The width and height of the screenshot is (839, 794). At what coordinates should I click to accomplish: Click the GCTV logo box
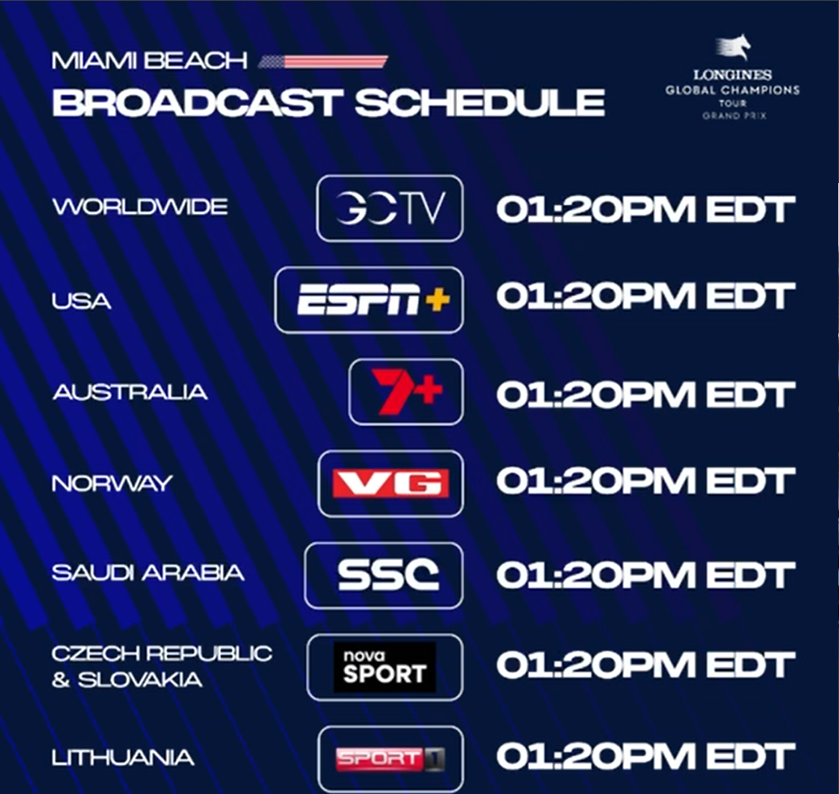(390, 208)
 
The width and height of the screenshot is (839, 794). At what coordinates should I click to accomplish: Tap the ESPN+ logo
(373, 299)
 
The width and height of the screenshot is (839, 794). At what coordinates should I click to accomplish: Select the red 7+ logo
(407, 391)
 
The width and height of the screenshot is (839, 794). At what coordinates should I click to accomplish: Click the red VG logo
(390, 484)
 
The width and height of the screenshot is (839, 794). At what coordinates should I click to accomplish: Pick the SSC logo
(389, 575)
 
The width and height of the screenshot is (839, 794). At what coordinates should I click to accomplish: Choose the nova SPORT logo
(385, 667)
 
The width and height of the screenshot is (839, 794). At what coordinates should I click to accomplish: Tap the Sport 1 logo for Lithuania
(390, 759)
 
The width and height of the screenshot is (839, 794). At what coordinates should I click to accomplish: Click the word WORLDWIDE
(140, 207)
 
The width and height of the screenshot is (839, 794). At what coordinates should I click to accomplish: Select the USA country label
(81, 301)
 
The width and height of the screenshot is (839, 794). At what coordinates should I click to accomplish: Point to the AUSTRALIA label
(130, 392)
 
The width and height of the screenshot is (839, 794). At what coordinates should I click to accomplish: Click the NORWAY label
(113, 484)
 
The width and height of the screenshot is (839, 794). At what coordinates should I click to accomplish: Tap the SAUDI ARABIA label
(148, 573)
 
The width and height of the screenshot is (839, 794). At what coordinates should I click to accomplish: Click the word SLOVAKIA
(140, 680)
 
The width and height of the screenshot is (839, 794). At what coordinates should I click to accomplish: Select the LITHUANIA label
(123, 758)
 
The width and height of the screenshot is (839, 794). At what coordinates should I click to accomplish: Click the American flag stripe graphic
(322, 62)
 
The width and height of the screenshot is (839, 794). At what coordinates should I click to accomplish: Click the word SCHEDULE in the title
(480, 102)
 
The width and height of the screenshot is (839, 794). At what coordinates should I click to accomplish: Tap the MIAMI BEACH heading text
(150, 61)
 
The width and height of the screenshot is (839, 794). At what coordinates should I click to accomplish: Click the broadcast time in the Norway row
(645, 480)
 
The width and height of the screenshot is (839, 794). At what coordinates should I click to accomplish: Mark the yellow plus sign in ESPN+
(437, 300)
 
